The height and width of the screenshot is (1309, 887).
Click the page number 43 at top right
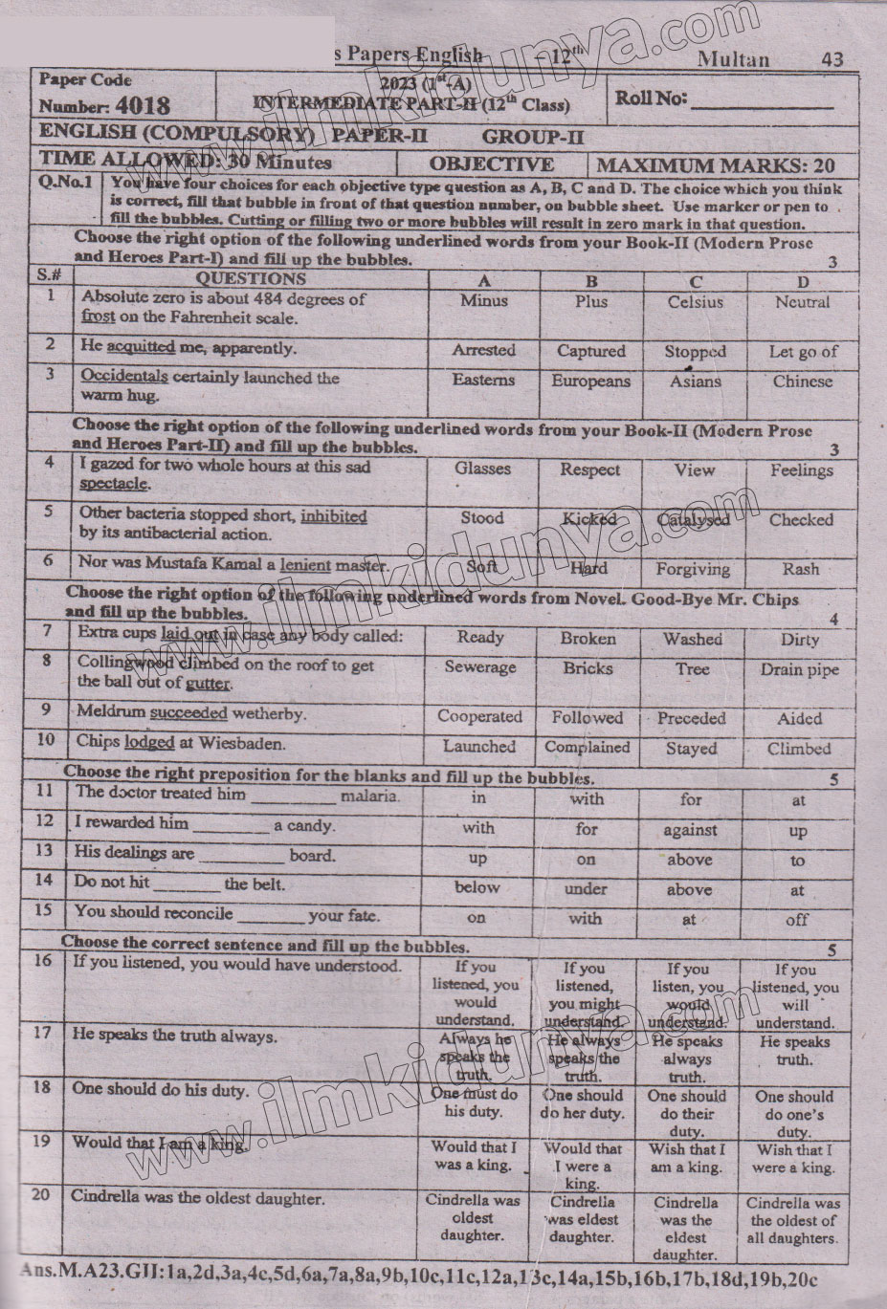(x=832, y=59)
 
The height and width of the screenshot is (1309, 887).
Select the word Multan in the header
(x=733, y=59)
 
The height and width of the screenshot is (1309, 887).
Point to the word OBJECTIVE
(x=492, y=164)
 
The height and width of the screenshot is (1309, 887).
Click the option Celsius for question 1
(x=695, y=302)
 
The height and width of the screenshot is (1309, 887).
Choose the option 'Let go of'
(x=802, y=352)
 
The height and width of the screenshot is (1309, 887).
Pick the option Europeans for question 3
(x=590, y=382)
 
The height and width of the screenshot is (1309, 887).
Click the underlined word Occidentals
(x=123, y=377)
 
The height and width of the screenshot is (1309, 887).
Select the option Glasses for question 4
(x=482, y=469)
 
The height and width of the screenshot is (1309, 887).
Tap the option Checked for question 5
(x=801, y=520)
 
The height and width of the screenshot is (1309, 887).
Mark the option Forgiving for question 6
(x=693, y=569)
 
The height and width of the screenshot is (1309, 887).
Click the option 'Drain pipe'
(x=799, y=669)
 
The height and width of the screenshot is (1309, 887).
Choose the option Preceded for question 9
(x=691, y=718)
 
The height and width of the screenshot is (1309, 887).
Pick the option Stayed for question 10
(x=690, y=749)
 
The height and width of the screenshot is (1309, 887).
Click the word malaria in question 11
(x=369, y=795)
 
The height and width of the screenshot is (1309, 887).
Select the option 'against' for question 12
(x=689, y=830)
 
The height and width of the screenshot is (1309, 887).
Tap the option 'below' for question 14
(x=477, y=887)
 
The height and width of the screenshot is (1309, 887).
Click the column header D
(x=802, y=281)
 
